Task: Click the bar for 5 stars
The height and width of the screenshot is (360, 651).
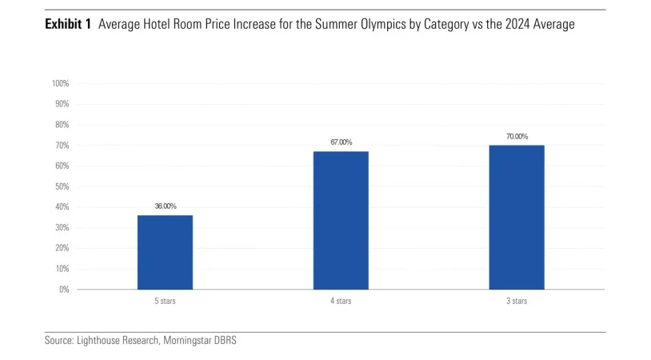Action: pos(165,252)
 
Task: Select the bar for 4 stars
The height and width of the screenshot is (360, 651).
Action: pos(341,220)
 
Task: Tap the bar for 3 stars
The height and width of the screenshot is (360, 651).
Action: pos(517,217)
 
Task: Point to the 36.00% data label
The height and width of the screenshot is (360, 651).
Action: pos(166,206)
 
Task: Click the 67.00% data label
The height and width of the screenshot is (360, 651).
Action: pos(341,142)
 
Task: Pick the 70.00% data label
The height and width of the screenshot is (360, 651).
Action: pos(517,136)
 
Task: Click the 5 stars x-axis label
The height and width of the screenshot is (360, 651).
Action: pos(166,302)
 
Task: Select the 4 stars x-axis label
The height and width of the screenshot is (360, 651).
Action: pos(341,302)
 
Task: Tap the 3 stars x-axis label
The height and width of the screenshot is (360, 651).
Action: pos(517,302)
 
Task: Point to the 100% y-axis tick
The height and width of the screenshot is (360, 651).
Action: pos(60,83)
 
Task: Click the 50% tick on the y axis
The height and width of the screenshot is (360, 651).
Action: pos(62,186)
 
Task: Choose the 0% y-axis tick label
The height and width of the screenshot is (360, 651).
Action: pos(64,289)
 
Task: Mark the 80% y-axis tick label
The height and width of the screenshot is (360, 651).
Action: pos(62,125)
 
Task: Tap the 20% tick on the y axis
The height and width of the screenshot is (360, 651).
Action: pos(62,248)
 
